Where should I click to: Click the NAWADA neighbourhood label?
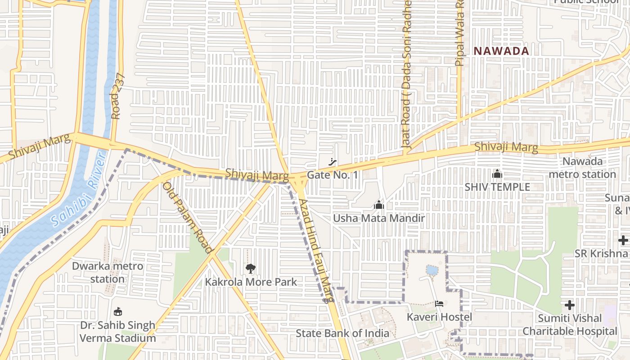point(501,51)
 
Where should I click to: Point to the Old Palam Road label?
point(187,217)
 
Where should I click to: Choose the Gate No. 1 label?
point(333,175)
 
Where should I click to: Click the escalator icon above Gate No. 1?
point(333,162)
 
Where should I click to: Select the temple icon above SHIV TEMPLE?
point(497,173)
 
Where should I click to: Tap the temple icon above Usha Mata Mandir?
point(379,205)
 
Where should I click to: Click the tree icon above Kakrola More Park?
point(251,269)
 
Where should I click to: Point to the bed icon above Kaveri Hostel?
point(439,304)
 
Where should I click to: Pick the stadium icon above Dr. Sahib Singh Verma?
point(118,311)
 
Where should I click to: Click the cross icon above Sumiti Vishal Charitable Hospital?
point(570,305)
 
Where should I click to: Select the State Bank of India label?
point(342,333)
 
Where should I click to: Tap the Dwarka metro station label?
point(108,272)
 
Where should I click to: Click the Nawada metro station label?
point(582,167)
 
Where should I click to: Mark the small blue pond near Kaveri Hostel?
point(432,270)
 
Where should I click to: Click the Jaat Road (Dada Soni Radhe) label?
point(407,74)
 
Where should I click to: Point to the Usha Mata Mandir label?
point(379,218)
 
